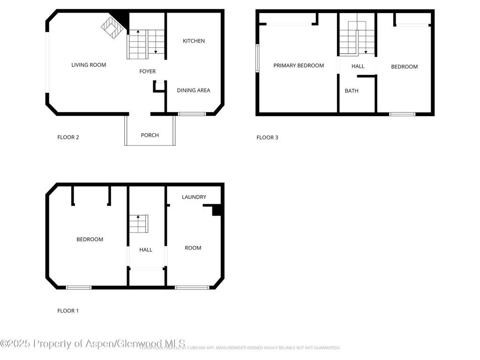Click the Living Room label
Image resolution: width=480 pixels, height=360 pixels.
pos(89,65)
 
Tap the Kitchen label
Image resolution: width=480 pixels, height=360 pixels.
pos(194,41)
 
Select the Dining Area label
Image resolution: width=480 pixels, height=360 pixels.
pos(193,90)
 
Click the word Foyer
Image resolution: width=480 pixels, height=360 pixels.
pos(147,72)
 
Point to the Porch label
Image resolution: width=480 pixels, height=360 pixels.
pos(150,135)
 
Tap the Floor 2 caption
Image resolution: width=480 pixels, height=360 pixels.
pos(68,137)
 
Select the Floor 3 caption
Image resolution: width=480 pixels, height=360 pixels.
pos(267,137)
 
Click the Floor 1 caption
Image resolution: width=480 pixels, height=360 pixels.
pos(68,311)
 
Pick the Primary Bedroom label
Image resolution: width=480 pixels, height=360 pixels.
pos(299,66)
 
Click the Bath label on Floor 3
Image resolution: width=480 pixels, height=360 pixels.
pos(352,91)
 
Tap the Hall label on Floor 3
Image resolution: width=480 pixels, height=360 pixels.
pos(358,67)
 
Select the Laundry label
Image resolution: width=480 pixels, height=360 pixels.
pos(194,197)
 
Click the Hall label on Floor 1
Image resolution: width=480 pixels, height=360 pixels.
pos(146,250)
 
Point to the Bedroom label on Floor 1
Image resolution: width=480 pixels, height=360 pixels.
pos(90,240)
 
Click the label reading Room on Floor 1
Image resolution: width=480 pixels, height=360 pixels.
pos(193,248)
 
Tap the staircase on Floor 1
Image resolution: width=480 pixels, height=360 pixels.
pos(138,224)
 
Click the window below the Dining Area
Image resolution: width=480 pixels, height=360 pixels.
pos(192,114)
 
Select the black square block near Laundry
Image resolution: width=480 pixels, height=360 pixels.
pos(217,210)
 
